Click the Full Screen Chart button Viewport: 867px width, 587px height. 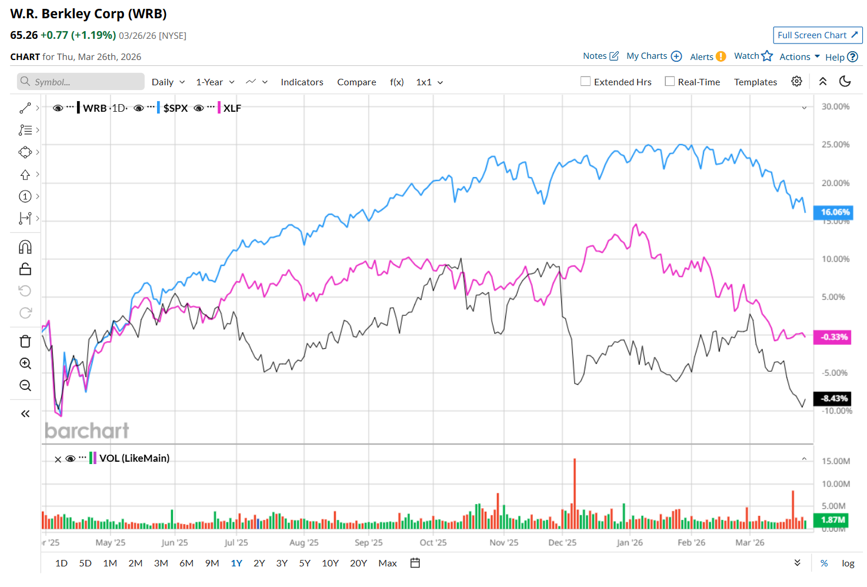click(817, 35)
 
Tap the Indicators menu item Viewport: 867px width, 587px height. click(302, 82)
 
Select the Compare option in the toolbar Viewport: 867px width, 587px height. click(356, 82)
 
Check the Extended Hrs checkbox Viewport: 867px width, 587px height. click(586, 82)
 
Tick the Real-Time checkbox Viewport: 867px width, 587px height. click(670, 82)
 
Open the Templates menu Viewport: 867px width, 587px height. click(755, 82)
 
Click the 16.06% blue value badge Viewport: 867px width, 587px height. click(833, 212)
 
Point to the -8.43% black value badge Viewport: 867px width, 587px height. click(832, 399)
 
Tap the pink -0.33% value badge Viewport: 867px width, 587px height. click(832, 337)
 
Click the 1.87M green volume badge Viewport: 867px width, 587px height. click(832, 520)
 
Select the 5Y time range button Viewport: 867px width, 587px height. click(305, 563)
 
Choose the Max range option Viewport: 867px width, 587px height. click(388, 563)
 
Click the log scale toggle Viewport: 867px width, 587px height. click(848, 563)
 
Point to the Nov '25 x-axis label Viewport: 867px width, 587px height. click(503, 543)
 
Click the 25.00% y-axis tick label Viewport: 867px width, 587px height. click(835, 145)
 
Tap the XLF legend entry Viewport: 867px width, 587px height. click(232, 108)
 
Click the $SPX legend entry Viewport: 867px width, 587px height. click(175, 108)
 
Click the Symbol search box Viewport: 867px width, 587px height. click(81, 82)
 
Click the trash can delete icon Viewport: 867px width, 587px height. click(25, 341)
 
